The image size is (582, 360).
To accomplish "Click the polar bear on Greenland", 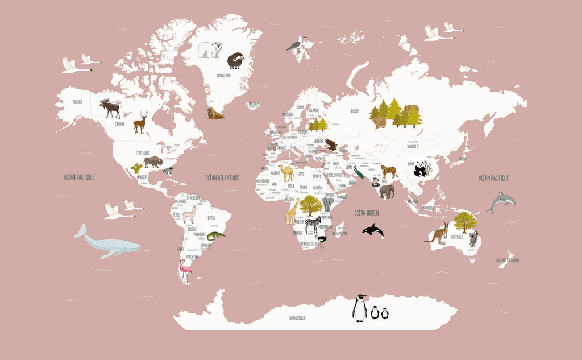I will (x=210, y=49).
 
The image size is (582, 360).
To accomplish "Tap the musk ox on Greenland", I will (x=235, y=60).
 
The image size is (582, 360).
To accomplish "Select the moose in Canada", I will (x=110, y=108).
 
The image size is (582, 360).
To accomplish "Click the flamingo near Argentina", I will (x=185, y=271).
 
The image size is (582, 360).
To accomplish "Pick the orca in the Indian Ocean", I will (x=373, y=230).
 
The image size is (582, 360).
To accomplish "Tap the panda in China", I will (x=421, y=168).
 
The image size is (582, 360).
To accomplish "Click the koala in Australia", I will (x=473, y=238).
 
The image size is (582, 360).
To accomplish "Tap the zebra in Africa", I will (x=313, y=224).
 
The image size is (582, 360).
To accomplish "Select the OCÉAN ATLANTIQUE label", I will (x=222, y=178).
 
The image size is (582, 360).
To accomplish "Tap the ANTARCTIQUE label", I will (x=297, y=318).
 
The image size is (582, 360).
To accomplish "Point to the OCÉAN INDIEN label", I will (x=367, y=213).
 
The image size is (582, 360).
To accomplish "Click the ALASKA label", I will (x=77, y=102).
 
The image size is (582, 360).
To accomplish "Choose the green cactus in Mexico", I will (x=136, y=168).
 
